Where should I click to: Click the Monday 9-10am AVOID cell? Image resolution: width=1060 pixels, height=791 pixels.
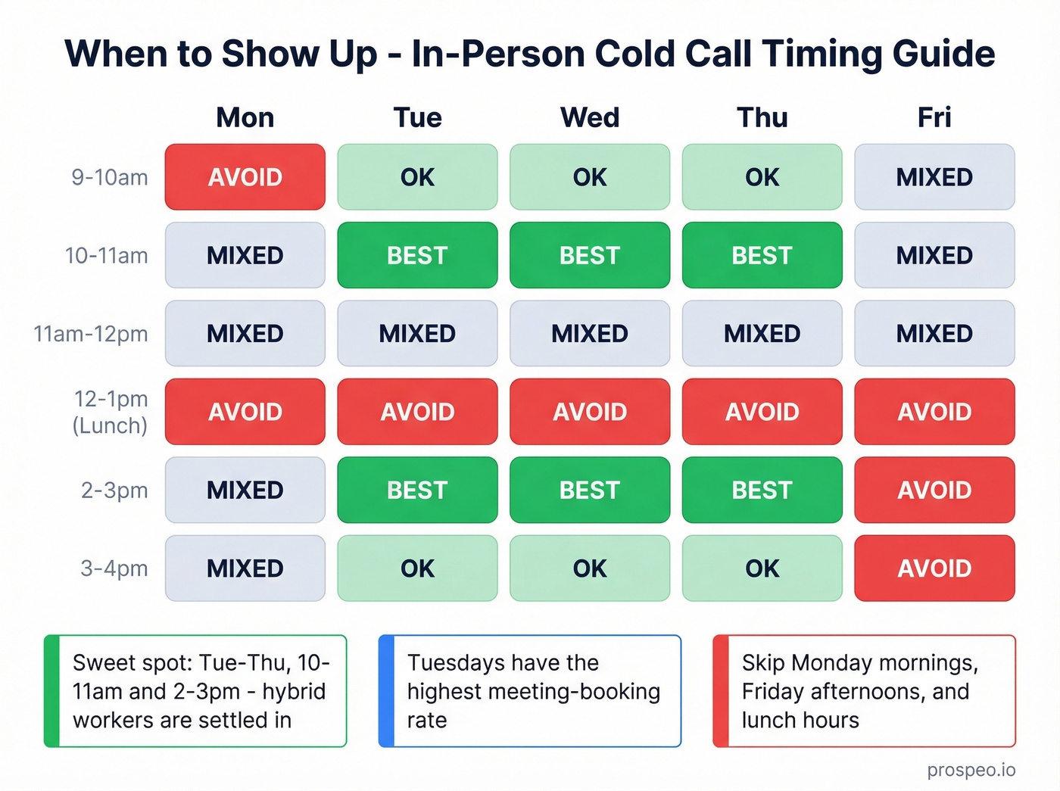245,177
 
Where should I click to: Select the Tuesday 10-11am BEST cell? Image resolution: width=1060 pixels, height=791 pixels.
417,255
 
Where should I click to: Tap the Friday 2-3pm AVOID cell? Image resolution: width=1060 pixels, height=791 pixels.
934,490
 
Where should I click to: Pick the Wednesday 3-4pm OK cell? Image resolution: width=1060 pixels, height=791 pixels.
590,568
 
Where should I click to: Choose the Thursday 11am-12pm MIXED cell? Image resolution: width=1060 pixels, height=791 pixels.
762,334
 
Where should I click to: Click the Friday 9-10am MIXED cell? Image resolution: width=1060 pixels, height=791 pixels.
934,177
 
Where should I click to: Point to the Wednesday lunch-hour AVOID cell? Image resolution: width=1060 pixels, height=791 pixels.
590,412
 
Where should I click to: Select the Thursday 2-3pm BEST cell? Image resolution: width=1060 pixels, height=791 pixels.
762,490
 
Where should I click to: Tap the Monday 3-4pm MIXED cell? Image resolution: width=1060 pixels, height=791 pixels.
245,568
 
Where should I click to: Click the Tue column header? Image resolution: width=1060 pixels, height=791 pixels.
417,117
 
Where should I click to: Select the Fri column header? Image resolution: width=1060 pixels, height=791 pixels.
934,117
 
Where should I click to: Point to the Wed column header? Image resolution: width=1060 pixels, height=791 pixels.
590,117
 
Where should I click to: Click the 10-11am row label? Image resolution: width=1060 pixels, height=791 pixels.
106,256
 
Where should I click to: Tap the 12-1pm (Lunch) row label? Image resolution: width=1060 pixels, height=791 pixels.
111,412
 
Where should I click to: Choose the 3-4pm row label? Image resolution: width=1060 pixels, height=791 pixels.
114,568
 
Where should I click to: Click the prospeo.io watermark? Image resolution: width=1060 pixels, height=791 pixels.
971,770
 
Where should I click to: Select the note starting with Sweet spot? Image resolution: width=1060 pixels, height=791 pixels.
195,691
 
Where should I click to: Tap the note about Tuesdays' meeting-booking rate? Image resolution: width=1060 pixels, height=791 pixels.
530,691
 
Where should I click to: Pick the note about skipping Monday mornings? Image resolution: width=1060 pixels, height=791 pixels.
864,691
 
